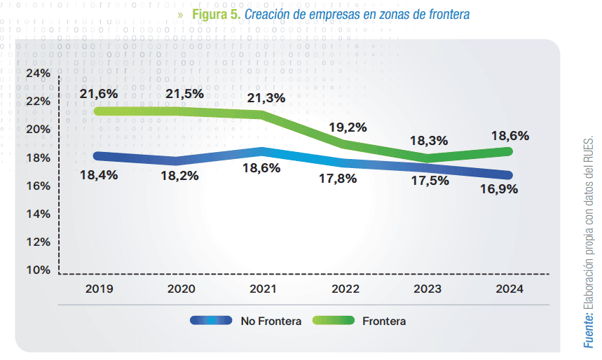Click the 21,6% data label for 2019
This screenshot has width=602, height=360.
(98, 93)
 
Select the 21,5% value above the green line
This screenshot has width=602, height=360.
(184, 93)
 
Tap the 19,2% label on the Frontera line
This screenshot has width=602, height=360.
(348, 128)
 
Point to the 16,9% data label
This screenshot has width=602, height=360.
(498, 188)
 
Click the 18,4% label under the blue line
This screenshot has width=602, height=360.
(98, 175)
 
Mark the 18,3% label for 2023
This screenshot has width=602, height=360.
(428, 141)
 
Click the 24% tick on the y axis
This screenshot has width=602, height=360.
(38, 74)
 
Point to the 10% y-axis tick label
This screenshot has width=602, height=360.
(38, 270)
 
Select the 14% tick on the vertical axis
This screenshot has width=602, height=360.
(38, 214)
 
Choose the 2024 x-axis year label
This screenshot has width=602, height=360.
(509, 288)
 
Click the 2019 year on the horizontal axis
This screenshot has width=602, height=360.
(98, 288)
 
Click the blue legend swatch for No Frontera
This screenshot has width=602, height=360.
(211, 321)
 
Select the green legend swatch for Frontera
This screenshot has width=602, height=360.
(333, 321)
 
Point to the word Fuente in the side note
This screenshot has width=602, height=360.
(589, 329)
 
